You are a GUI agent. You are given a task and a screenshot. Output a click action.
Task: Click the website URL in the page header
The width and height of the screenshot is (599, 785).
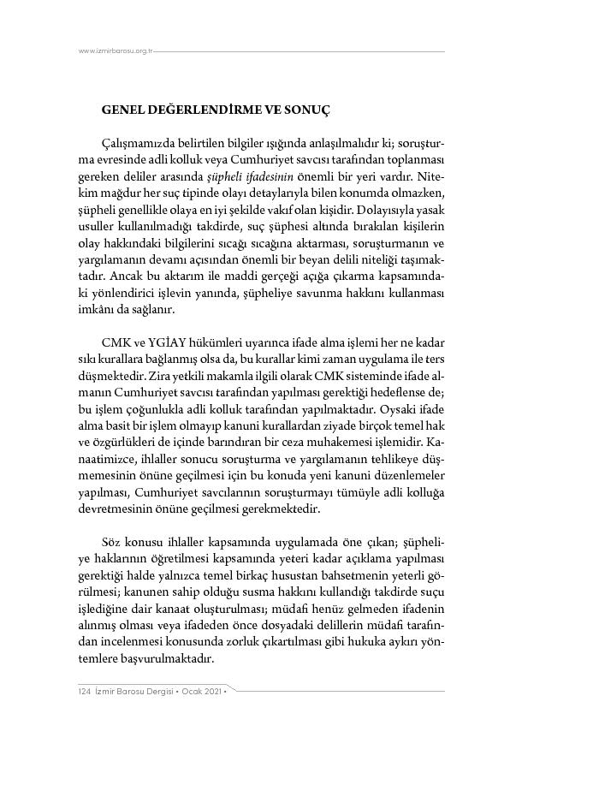116,51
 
